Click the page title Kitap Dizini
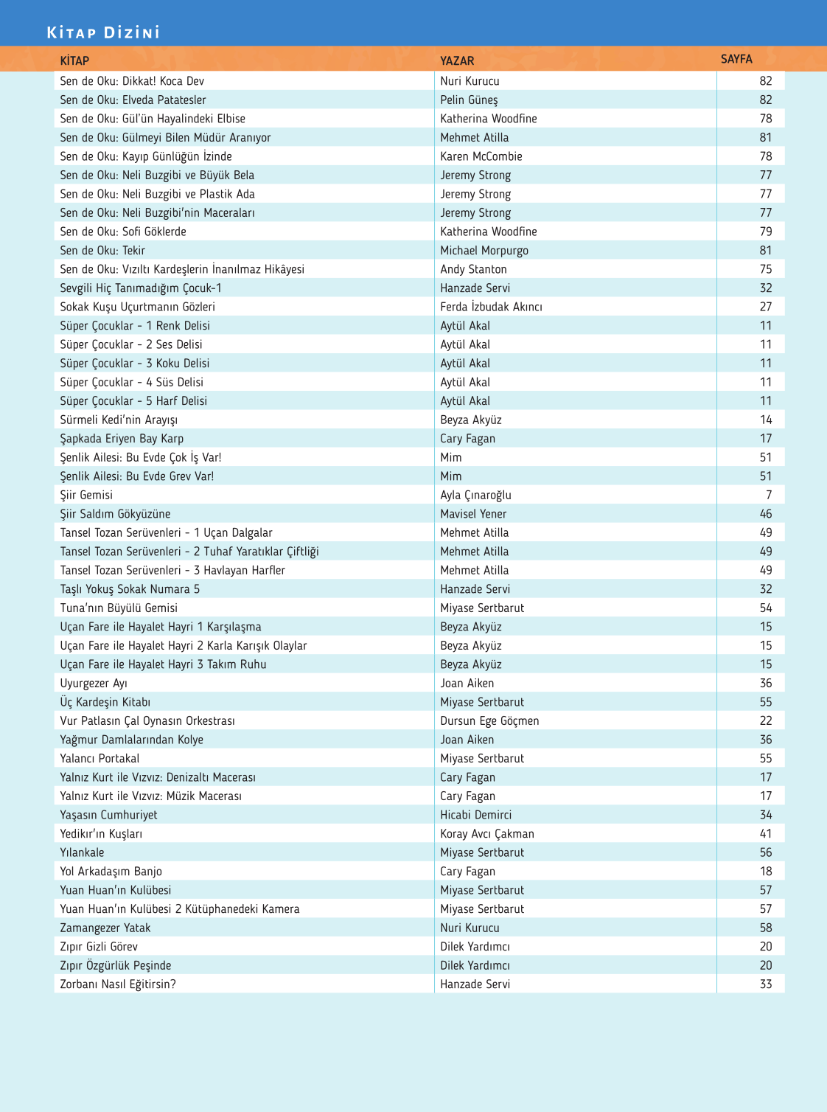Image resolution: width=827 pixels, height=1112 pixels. click(103, 32)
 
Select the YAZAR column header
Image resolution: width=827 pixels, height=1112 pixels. click(457, 60)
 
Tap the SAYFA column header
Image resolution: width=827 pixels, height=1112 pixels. click(736, 59)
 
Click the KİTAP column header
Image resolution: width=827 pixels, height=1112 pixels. click(74, 60)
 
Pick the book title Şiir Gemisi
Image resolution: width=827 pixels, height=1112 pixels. click(86, 495)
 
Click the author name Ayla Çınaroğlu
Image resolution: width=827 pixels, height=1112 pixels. click(475, 495)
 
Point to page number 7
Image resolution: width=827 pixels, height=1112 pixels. click(769, 495)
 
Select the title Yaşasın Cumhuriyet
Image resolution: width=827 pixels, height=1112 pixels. click(108, 815)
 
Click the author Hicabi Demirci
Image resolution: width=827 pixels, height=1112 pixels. click(475, 815)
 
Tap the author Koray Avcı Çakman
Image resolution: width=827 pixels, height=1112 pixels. click(487, 833)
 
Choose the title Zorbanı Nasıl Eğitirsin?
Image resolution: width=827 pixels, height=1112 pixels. click(118, 984)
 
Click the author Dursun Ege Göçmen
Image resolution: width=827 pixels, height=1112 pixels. click(489, 720)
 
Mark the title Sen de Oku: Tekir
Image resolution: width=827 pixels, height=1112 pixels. click(102, 250)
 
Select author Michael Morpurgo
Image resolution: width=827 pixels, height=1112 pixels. click(484, 250)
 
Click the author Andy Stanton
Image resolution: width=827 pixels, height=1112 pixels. click(473, 269)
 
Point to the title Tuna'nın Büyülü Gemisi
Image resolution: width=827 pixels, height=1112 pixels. click(119, 608)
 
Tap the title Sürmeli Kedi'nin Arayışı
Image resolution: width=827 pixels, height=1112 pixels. click(119, 420)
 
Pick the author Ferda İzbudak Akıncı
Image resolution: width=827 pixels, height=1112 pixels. click(491, 307)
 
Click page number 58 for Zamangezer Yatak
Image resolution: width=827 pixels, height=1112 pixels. click(766, 928)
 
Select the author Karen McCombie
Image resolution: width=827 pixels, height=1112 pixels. click(481, 156)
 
